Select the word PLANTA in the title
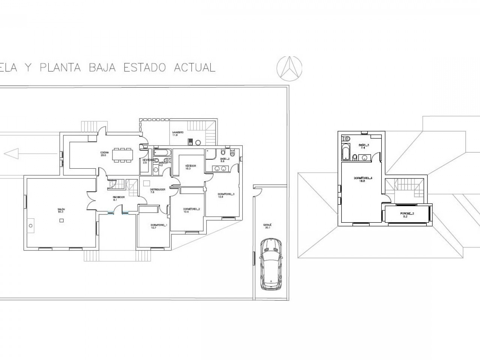tap(60, 67)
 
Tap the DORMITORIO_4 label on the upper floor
tap(363, 179)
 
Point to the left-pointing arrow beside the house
tap(11, 153)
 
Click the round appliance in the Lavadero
tap(198, 142)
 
